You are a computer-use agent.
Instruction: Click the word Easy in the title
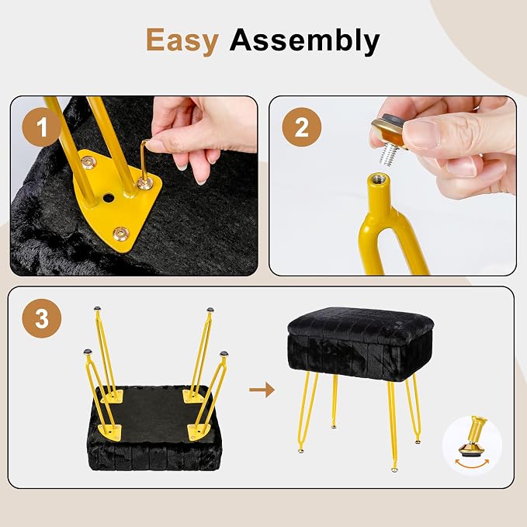point(182,40)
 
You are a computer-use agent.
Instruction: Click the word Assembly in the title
point(304,40)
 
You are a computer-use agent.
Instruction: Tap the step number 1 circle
point(42,127)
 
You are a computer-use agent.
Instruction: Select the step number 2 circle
point(301,127)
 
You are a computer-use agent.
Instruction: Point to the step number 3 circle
point(42,318)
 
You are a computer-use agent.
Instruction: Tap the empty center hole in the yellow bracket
point(108,197)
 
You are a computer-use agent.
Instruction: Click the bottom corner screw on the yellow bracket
point(121,233)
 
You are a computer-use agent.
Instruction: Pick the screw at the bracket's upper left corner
point(88,163)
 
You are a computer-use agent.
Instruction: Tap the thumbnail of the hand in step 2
point(420,134)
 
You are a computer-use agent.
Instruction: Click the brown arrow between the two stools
point(262,390)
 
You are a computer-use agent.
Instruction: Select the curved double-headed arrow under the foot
point(472,465)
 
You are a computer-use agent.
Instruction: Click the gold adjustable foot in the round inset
point(472,437)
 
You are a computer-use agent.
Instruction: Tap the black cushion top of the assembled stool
point(360,322)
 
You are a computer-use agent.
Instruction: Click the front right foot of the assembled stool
point(394,470)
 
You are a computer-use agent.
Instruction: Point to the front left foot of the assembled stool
point(301,450)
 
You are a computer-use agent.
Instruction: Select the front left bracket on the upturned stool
point(109,432)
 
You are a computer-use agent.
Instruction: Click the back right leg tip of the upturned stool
point(210,310)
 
